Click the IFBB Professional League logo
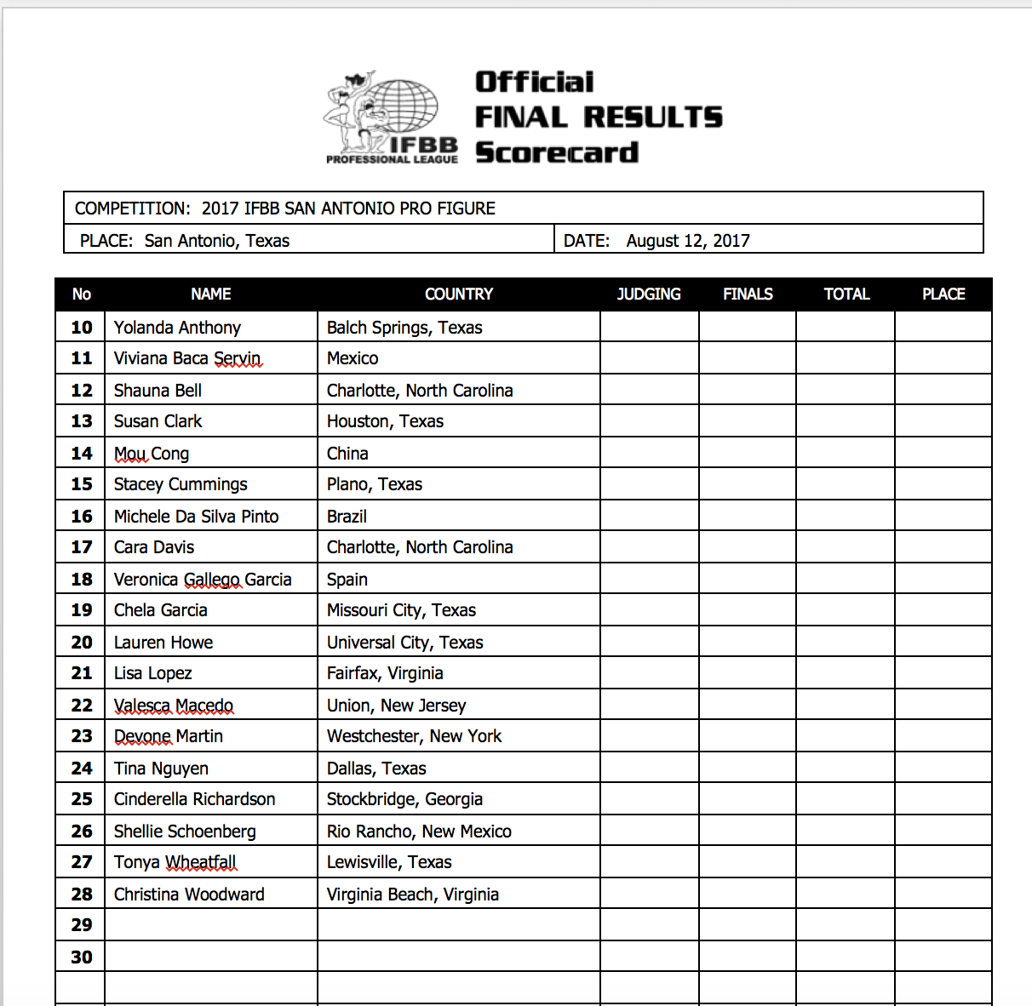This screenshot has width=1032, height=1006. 391,117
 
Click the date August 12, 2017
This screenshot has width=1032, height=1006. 687,241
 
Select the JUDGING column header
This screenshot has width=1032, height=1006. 649,294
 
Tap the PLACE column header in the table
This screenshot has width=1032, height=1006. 943,294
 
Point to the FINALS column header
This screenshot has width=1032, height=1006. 748,294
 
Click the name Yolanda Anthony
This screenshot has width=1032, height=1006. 177,328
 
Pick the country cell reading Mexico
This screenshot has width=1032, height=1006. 353,358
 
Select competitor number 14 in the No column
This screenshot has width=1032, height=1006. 82,454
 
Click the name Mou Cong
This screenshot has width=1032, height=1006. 152,454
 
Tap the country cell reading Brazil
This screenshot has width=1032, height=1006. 347,517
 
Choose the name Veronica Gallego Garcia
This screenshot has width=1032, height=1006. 203,580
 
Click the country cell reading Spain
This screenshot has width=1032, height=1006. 347,580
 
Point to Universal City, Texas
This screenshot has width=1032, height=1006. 404,643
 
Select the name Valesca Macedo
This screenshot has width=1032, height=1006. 174,706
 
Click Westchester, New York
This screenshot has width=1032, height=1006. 414,736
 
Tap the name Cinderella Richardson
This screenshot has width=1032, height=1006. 194,799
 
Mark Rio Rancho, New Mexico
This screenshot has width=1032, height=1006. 419,832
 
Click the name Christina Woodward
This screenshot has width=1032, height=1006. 189,895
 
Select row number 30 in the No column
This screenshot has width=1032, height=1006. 82,957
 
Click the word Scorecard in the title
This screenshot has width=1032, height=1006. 557,153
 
